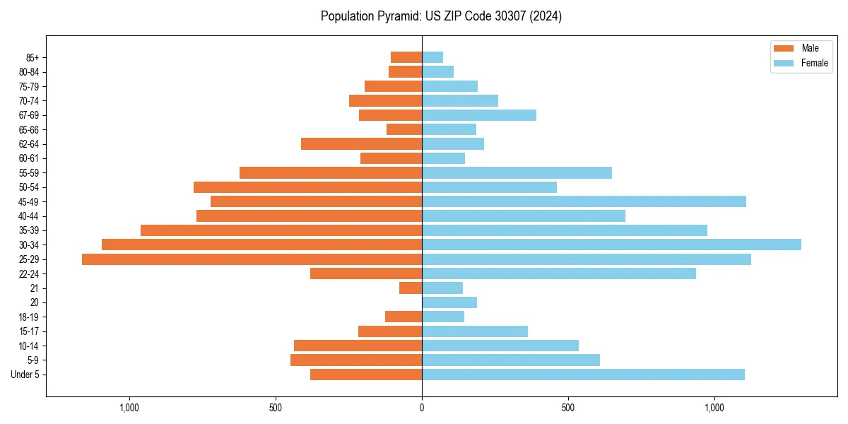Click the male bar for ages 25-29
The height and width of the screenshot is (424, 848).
(x=252, y=259)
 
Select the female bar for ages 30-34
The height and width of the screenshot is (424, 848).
(x=611, y=245)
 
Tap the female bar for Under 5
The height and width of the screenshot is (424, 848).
(x=583, y=375)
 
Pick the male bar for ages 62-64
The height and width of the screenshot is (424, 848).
(x=361, y=144)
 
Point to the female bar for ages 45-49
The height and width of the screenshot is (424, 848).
(x=584, y=201)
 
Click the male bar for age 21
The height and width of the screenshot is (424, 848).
(x=411, y=288)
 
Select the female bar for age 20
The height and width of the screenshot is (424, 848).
(x=449, y=302)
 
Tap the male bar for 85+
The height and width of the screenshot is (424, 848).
(x=406, y=57)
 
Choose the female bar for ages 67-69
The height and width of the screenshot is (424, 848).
(x=479, y=115)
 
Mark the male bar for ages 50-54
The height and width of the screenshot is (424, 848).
(x=307, y=187)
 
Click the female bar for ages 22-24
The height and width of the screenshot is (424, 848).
(x=559, y=273)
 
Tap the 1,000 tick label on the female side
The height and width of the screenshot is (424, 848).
(x=714, y=408)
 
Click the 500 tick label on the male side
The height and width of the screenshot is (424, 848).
(x=276, y=408)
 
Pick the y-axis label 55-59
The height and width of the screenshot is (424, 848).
(x=29, y=173)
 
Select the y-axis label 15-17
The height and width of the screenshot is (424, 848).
(x=29, y=331)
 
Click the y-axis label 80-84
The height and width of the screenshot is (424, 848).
(x=29, y=72)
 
